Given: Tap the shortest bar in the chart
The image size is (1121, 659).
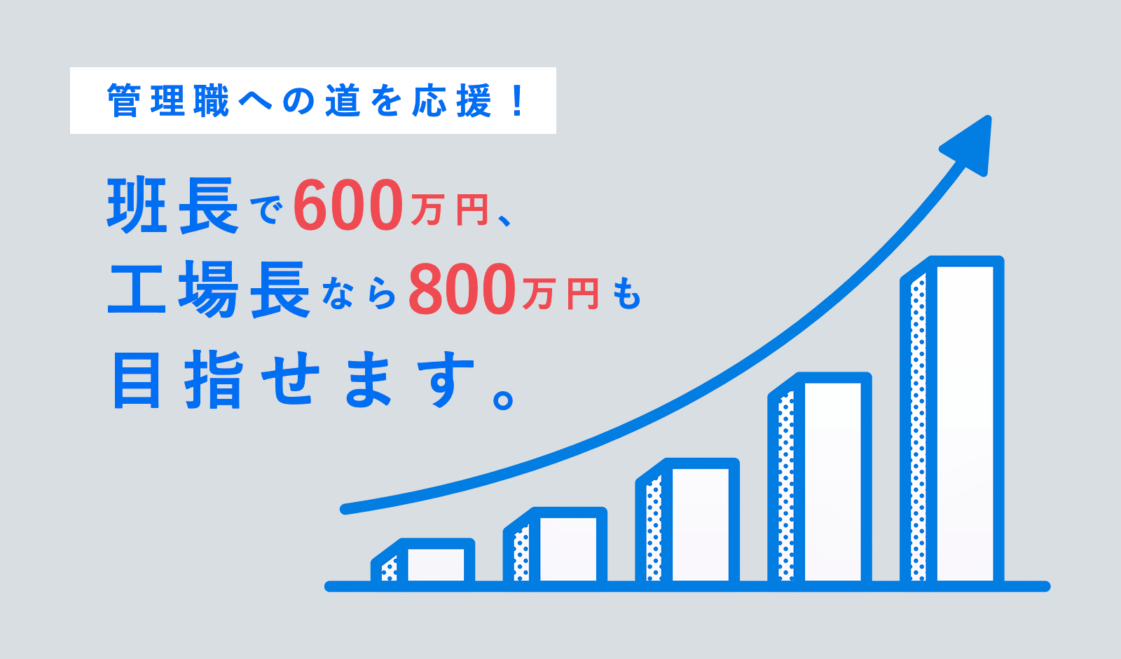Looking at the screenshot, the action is [423, 562].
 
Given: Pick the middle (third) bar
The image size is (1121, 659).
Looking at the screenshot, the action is [687, 522].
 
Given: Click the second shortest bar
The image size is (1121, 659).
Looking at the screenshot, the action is [555, 546].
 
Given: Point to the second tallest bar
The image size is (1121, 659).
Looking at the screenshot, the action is [820, 480].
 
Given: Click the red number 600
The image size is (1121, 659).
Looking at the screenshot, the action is [348, 205].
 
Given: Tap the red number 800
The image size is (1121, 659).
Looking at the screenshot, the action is [462, 289].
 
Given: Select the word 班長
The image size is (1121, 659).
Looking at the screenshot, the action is [172, 205].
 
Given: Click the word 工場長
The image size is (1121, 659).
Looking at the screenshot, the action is [209, 289].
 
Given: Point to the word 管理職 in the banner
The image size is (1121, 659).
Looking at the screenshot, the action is [168, 101].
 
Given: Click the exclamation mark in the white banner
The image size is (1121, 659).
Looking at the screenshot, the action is [518, 101].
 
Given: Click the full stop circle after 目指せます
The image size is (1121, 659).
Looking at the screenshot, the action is [503, 400].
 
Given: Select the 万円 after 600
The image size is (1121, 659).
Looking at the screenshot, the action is [449, 210].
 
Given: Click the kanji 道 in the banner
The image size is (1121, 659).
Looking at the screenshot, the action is [343, 101].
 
